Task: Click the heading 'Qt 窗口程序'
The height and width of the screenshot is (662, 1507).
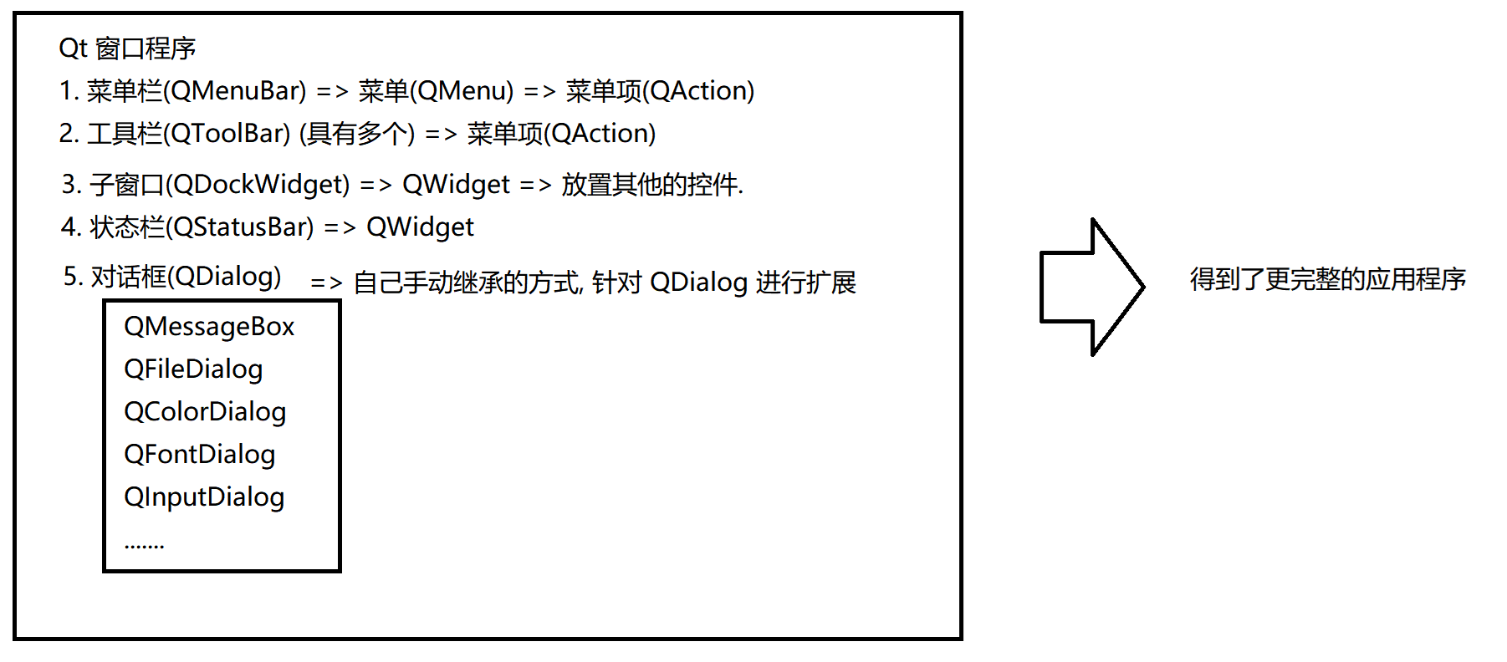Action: click(127, 48)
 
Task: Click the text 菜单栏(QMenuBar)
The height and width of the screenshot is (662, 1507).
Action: click(196, 91)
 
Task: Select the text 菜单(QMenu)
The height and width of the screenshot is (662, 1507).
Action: click(436, 91)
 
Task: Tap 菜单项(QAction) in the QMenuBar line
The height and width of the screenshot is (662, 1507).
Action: click(660, 91)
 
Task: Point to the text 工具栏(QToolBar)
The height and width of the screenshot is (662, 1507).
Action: click(188, 134)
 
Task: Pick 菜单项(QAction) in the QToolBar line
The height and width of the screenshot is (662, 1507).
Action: click(561, 134)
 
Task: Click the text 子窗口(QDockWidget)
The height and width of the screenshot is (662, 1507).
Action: click(219, 185)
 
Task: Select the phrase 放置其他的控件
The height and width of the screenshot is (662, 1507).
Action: click(651, 185)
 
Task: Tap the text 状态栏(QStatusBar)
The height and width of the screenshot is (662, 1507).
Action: click(202, 227)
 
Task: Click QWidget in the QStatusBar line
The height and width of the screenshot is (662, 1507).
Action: click(420, 227)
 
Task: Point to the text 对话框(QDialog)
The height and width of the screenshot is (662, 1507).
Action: click(186, 277)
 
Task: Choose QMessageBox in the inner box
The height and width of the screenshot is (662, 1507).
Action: click(209, 327)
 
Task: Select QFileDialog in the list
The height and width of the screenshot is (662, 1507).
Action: click(193, 369)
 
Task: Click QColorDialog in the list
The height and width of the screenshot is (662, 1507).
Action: click(205, 412)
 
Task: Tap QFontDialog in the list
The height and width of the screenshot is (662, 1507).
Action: click(199, 455)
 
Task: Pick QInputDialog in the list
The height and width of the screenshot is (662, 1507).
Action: click(204, 497)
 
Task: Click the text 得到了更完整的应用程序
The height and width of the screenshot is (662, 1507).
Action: click(1327, 279)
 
